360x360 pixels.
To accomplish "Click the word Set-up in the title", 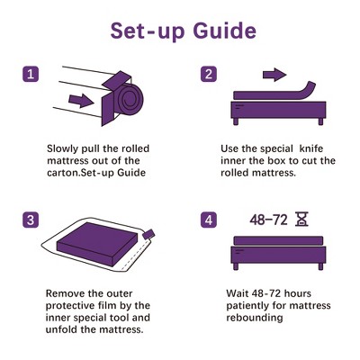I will click(141, 31).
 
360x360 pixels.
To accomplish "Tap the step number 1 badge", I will click(31, 75).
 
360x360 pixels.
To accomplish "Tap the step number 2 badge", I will click(209, 75).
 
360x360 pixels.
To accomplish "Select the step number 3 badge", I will click(31, 219).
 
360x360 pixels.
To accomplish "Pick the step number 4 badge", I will click(209, 219).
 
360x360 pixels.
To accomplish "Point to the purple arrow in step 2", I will click(275, 74).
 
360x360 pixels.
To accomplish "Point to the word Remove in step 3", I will click(65, 292).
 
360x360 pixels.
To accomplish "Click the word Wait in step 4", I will click(239, 292).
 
